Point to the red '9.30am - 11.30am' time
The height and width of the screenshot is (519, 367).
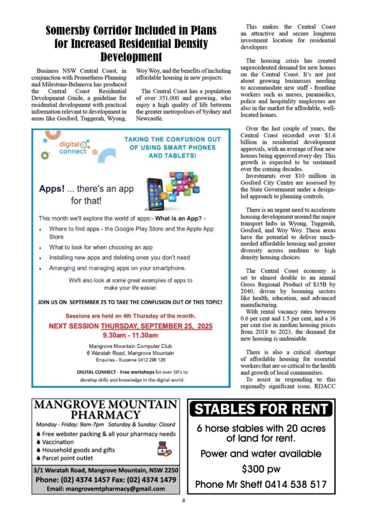tap(130, 335)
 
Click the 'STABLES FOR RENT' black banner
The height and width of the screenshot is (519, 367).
tap(261, 409)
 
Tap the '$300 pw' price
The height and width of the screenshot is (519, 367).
tap(261, 469)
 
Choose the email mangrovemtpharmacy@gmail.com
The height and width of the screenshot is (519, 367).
tap(106, 488)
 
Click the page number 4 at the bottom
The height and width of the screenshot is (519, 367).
tap(183, 500)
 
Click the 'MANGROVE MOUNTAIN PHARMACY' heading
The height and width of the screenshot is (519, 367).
tap(106, 409)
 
